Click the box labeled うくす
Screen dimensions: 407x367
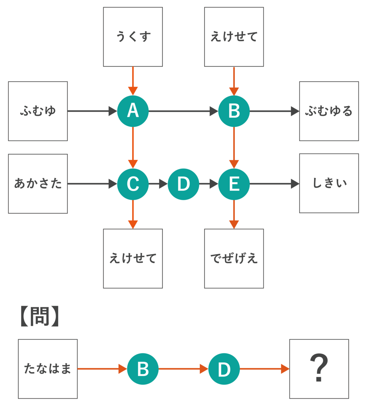[133, 37]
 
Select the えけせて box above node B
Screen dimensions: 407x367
[234, 37]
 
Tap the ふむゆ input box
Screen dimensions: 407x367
[38, 111]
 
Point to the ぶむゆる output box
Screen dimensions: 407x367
[329, 111]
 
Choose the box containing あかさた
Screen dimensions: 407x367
[38, 184]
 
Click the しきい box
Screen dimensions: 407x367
[329, 183]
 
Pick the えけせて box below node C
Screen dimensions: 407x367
[133, 258]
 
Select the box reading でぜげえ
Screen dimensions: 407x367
[234, 258]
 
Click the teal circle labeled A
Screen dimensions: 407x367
[133, 111]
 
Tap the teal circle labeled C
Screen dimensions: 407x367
[133, 184]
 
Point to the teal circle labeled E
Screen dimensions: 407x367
[234, 184]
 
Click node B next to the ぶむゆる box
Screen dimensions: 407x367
[234, 111]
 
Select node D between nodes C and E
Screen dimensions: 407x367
[183, 184]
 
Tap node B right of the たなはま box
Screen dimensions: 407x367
[143, 369]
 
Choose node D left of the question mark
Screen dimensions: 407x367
[224, 369]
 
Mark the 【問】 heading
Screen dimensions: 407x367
[40, 316]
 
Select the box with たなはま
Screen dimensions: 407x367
[48, 369]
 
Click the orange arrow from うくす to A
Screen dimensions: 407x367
[133, 79]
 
